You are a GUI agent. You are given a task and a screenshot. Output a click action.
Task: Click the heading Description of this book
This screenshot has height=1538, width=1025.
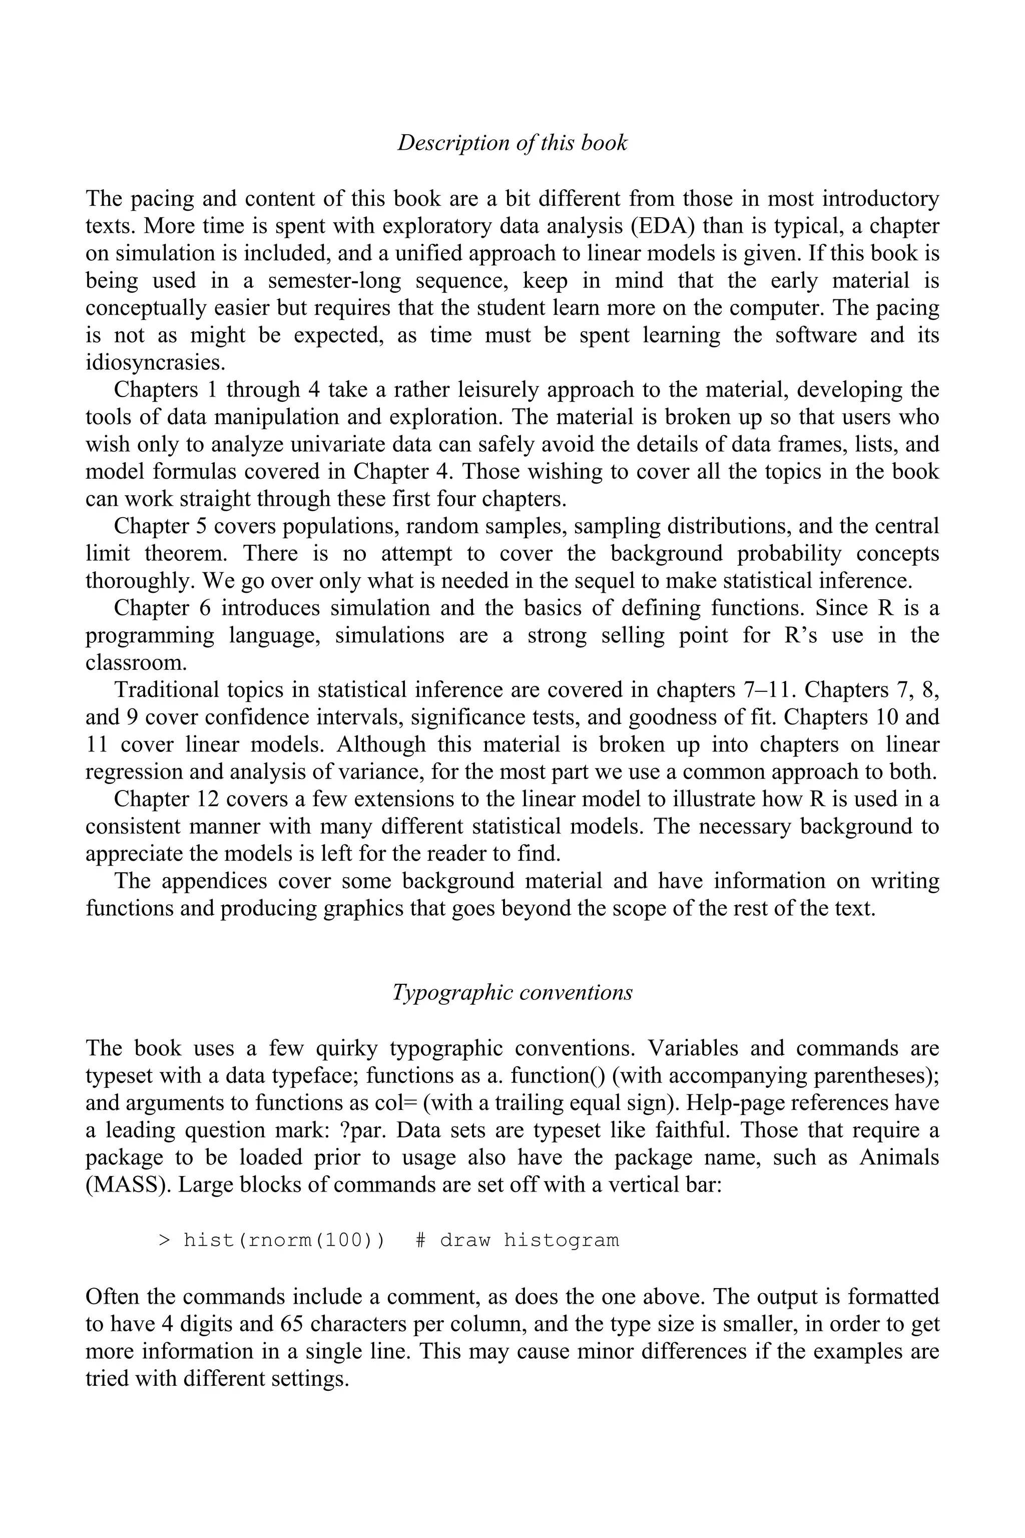512,143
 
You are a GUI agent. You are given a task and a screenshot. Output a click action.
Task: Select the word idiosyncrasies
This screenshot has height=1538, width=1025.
150,362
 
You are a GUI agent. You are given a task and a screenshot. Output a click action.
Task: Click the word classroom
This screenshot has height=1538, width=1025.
136,662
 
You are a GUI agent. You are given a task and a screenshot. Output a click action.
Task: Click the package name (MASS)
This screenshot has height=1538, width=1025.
125,1185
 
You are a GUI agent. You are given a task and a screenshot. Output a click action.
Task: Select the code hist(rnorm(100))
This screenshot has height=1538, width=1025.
284,1240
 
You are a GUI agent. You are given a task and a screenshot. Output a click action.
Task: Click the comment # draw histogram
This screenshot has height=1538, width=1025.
517,1240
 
